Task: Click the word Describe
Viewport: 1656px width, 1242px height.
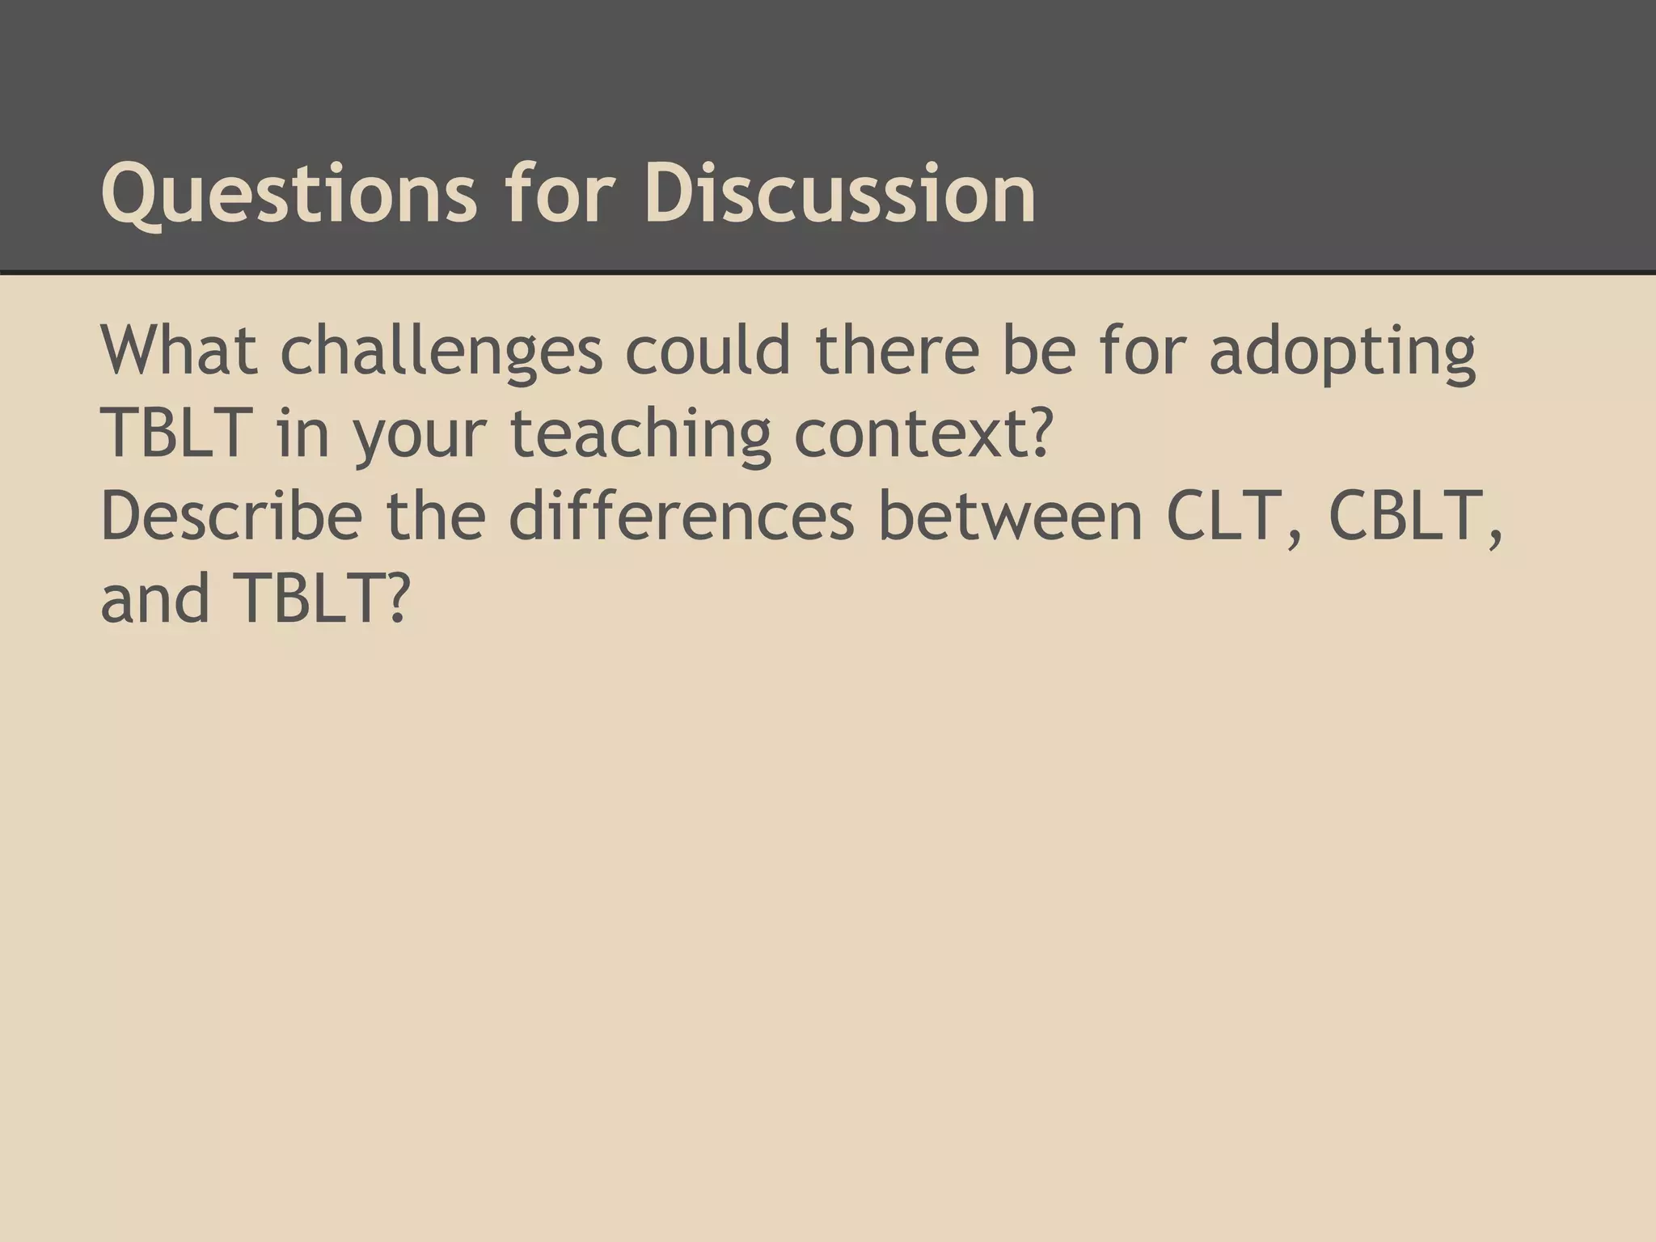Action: click(231, 516)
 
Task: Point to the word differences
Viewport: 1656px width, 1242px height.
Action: click(682, 516)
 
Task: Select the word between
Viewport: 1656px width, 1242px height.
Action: click(1011, 516)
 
